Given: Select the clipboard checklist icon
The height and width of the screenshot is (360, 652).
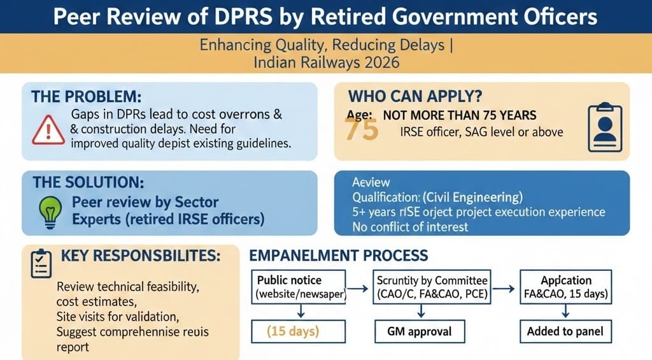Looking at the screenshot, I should click(41, 263).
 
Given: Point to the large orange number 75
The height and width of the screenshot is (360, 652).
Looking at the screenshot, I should click(361, 129).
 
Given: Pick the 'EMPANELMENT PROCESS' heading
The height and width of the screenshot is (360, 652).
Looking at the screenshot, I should click(338, 256).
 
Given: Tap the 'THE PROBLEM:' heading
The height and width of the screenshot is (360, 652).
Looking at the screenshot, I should click(87, 97).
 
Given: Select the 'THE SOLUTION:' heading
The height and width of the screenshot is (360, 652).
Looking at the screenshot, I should click(89, 182).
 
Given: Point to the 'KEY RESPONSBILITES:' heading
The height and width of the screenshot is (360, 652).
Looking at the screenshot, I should click(141, 256).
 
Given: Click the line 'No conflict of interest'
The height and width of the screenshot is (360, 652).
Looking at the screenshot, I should click(410, 226).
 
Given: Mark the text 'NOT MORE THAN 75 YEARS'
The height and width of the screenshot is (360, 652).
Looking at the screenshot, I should click(459, 115).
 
